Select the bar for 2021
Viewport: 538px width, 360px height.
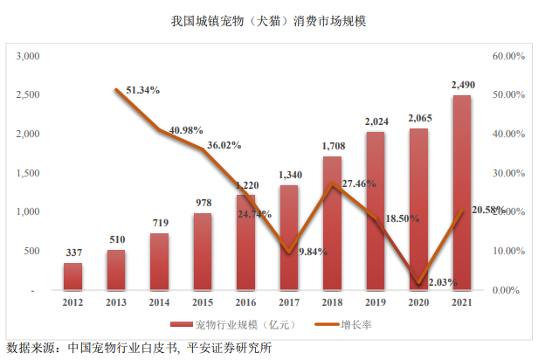461,192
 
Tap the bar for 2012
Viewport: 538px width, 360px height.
72,275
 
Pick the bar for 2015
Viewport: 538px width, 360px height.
202,251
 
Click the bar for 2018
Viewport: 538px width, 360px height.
332,223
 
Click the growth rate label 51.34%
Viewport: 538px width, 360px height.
142,90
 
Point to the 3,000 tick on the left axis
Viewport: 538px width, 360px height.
31,56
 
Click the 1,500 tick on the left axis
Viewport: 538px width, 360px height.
31,173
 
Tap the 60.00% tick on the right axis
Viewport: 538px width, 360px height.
507,56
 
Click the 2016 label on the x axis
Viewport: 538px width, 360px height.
245,302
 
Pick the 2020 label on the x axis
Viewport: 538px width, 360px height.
418,302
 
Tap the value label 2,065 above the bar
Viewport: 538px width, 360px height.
418,118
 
